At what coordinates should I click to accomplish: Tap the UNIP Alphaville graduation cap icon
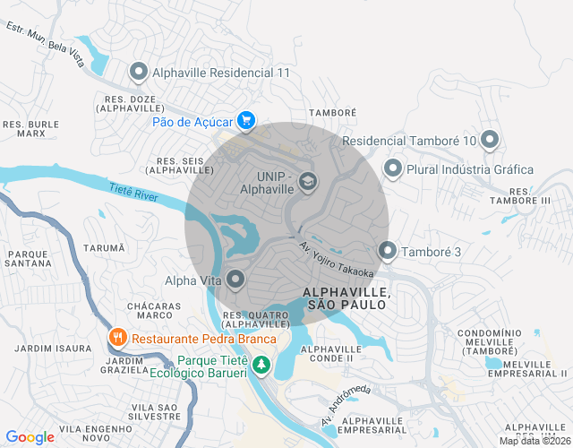coord(308,182)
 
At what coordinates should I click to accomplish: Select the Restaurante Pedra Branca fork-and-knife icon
coord(116,339)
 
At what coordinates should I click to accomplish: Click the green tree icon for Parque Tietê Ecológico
coord(261,365)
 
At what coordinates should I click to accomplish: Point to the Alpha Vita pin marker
coord(235,280)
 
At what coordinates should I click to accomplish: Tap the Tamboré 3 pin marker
coord(387,252)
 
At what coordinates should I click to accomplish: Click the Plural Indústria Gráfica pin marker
coord(392,168)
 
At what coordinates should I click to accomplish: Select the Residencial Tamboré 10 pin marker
coord(489,140)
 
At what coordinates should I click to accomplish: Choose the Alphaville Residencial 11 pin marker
coord(139,72)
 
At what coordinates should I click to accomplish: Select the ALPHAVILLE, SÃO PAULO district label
coord(346,299)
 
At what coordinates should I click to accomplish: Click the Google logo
coord(30,437)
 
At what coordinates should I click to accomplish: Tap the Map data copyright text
coord(535,440)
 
